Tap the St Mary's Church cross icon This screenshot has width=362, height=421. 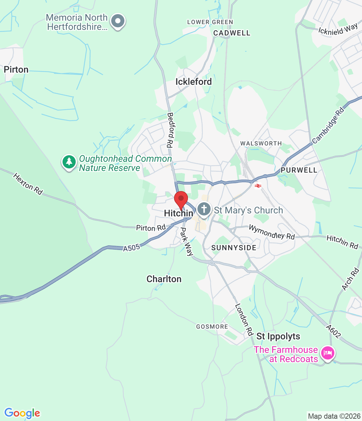(204, 209)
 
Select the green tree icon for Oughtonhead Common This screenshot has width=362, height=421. (69, 162)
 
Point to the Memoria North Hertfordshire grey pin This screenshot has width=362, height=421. (118, 21)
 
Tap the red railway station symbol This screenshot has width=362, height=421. (258, 186)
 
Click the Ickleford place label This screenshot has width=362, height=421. (194, 82)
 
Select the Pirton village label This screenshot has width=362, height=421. (16, 70)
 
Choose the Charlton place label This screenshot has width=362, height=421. (164, 279)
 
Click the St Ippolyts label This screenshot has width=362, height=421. (278, 336)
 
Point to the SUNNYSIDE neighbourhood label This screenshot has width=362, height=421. (234, 248)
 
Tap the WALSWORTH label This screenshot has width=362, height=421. (261, 143)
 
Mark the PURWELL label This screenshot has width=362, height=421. (299, 170)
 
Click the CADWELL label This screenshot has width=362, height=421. (232, 33)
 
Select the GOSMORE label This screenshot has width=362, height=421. (212, 327)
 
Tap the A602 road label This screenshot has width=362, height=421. (333, 331)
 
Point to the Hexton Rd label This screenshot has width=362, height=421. (28, 184)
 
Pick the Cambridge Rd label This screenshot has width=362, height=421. (328, 126)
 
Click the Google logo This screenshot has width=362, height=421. (22, 413)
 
